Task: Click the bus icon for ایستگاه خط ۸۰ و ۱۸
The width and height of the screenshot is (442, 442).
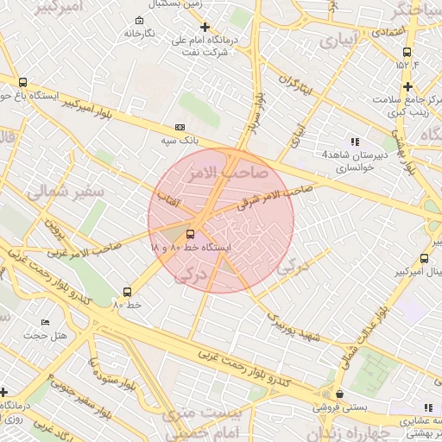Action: [190, 233]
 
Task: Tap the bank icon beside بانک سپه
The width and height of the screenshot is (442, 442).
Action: [180, 126]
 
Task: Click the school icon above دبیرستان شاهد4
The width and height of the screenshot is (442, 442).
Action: [354, 142]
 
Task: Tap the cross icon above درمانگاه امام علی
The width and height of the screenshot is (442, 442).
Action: [204, 28]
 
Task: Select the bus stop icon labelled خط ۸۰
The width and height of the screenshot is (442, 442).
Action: [127, 292]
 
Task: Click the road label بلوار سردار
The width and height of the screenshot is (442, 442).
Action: [256, 111]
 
